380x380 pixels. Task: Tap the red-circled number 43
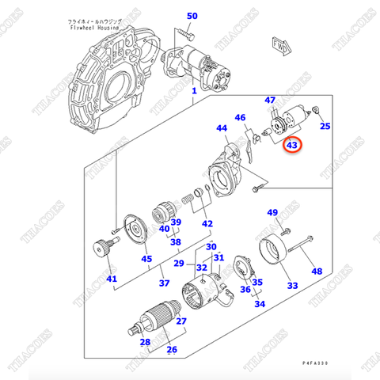point(292,145)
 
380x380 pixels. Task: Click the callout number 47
point(270,100)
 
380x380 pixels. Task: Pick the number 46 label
point(240,118)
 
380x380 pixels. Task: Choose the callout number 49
point(272,213)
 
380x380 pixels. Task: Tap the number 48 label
point(317,272)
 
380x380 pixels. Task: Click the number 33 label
point(292,285)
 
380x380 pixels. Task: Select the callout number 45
point(146,258)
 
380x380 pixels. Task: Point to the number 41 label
point(111,278)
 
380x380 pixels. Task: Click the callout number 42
point(207,224)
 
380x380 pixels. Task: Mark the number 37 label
point(165,283)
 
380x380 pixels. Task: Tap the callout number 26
point(172,349)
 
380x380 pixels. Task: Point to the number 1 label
point(192,92)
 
